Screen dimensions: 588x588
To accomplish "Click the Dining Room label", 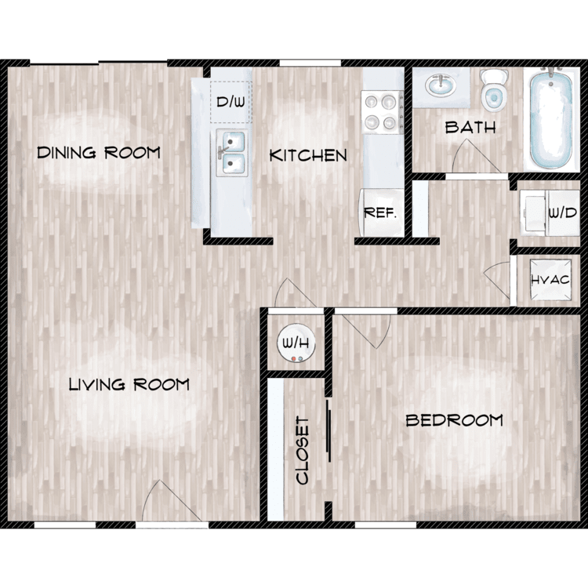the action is [99, 153].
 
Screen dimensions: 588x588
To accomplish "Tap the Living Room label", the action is [129, 385].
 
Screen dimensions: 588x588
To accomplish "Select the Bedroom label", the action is [454, 420].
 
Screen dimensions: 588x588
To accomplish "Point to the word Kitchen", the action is [308, 155].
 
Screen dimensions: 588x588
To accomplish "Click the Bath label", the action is [470, 128].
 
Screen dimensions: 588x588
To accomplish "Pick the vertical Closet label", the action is [303, 451].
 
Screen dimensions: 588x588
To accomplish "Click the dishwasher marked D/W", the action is [231, 102].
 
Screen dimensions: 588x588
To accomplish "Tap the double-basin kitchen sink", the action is [233, 153].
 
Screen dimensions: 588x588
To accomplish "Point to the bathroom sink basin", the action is [441, 85].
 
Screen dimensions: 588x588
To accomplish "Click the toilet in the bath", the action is [494, 90].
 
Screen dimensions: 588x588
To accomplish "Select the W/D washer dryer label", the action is [562, 213].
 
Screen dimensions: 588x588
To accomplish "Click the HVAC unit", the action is [550, 280].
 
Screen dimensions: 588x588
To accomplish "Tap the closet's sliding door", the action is [328, 430].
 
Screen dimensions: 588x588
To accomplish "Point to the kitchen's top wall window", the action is [310, 63].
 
